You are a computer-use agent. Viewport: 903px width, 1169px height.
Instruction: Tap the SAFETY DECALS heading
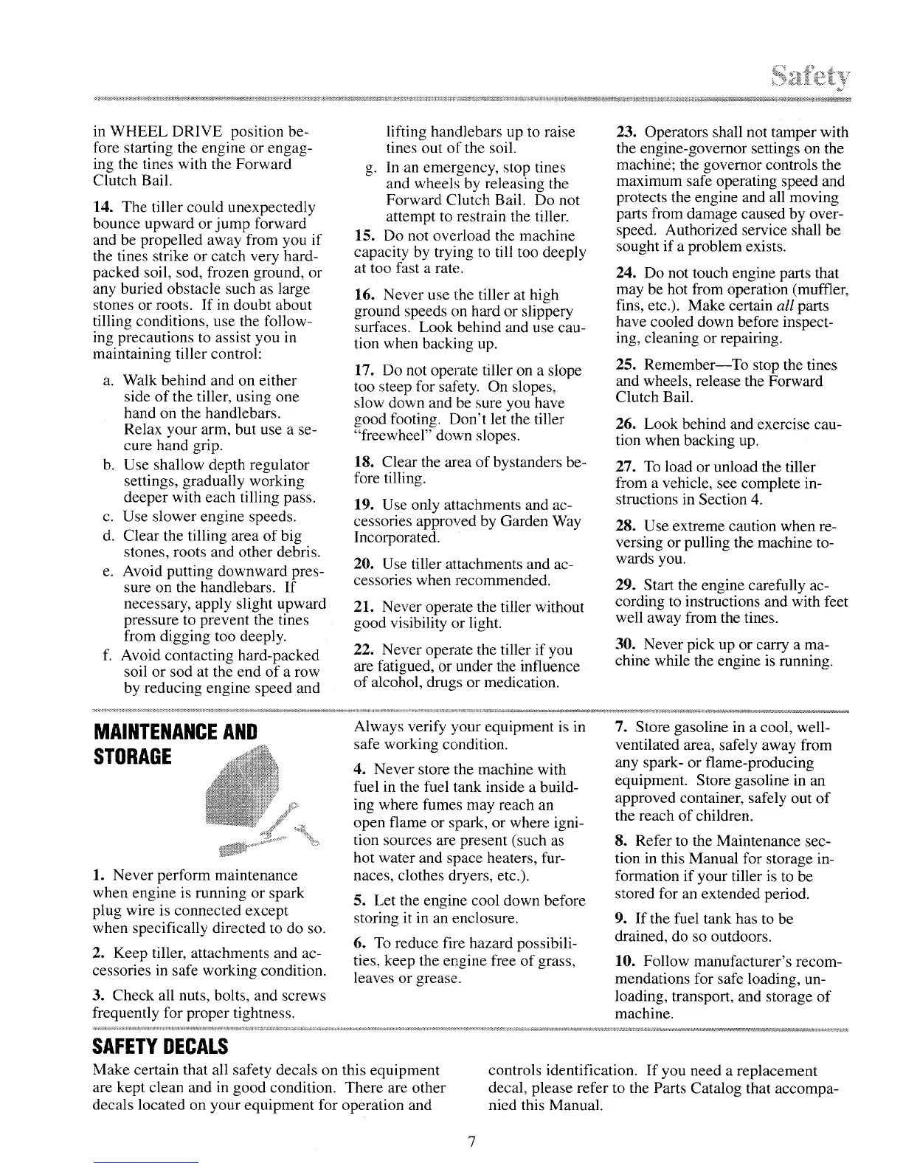tap(160, 1046)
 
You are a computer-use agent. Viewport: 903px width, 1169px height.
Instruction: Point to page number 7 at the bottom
tap(472, 1142)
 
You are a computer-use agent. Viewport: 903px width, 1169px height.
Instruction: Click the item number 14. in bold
tap(103, 207)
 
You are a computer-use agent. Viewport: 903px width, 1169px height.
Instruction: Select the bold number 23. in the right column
tap(626, 133)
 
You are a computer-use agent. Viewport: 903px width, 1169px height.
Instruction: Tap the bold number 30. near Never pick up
tap(626, 645)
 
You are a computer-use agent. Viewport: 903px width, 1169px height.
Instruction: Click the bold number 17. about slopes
tap(364, 370)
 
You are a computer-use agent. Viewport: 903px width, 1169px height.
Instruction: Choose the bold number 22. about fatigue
tap(364, 650)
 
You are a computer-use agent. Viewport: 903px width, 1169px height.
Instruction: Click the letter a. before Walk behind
tap(108, 381)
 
